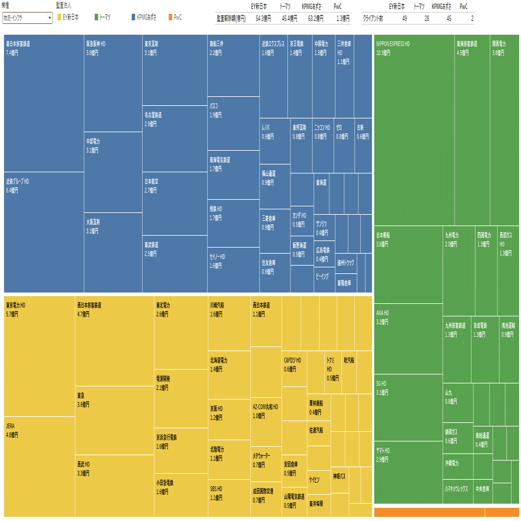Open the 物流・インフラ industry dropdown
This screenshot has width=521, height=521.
(x=28, y=18)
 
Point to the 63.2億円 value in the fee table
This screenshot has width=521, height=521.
(x=311, y=19)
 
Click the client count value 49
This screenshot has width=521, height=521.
(x=404, y=19)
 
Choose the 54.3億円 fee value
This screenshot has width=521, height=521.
(x=263, y=19)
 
